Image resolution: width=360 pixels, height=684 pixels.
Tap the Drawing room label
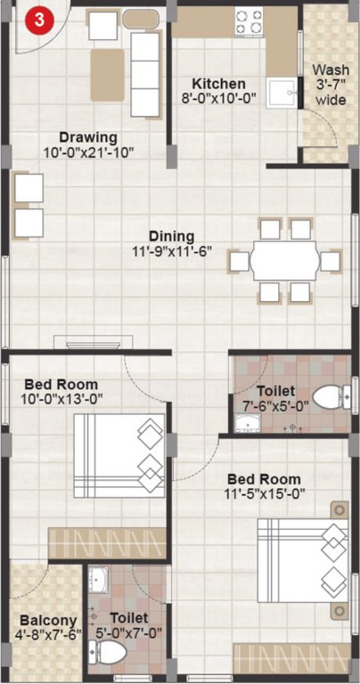[x=88, y=137]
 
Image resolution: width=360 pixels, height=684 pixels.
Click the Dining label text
[x=171, y=236]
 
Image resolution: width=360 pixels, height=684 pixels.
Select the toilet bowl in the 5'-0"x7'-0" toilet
[x=110, y=654]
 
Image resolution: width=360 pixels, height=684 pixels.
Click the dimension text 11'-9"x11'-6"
[x=171, y=252]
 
